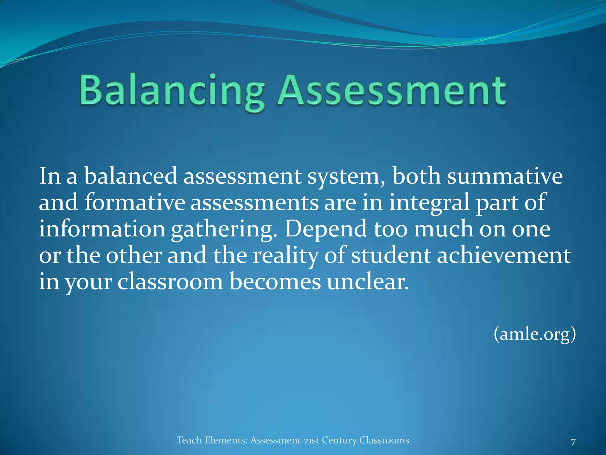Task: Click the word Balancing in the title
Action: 172,90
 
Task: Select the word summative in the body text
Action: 505,177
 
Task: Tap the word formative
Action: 135,203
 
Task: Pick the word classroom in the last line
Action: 170,282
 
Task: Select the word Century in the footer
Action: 339,440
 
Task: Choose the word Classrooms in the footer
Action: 384,440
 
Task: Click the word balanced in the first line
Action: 130,177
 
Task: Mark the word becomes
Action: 275,282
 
